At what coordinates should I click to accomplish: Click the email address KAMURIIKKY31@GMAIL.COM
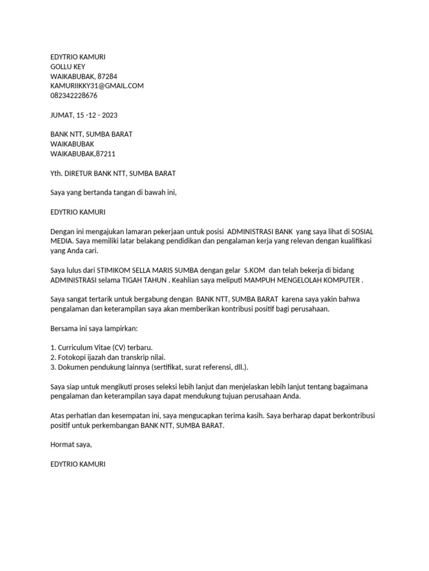pos(97,86)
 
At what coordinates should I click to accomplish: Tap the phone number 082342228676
pos(74,95)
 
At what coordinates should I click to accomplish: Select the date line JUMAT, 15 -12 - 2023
pos(84,115)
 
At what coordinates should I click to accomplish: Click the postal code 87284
pos(107,76)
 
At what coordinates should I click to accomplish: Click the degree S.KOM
pos(255,270)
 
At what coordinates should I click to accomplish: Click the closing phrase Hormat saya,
pos(70,444)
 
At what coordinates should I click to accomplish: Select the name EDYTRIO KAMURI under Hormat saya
pos(78,464)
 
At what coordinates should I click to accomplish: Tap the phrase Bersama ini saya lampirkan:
pos(89,328)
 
